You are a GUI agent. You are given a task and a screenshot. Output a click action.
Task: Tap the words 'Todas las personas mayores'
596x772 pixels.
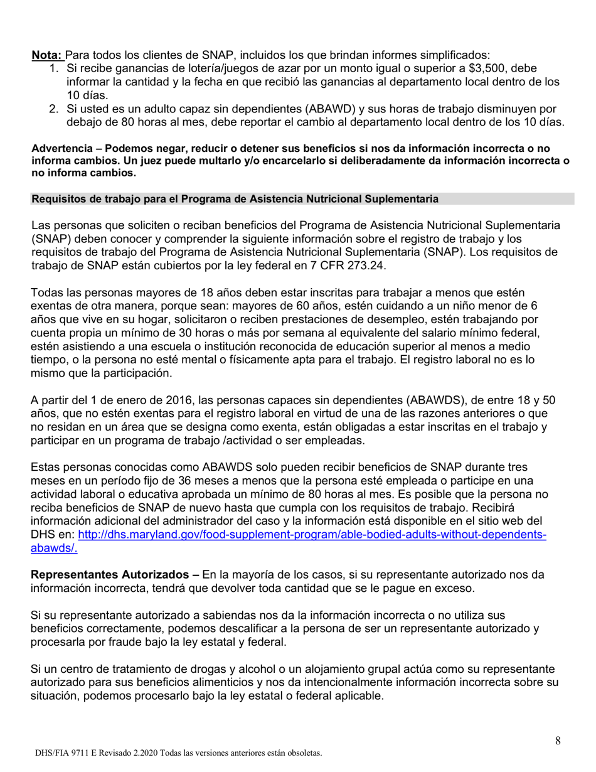(97, 293)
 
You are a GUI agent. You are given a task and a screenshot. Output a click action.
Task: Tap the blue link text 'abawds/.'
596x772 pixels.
(54, 548)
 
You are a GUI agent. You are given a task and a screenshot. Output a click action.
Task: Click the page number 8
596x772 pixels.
(558, 741)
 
